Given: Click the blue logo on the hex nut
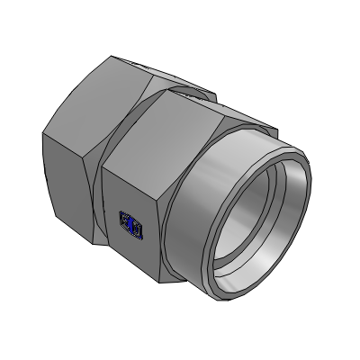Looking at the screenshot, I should [131, 227].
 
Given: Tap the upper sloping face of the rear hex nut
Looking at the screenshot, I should [99, 99].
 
